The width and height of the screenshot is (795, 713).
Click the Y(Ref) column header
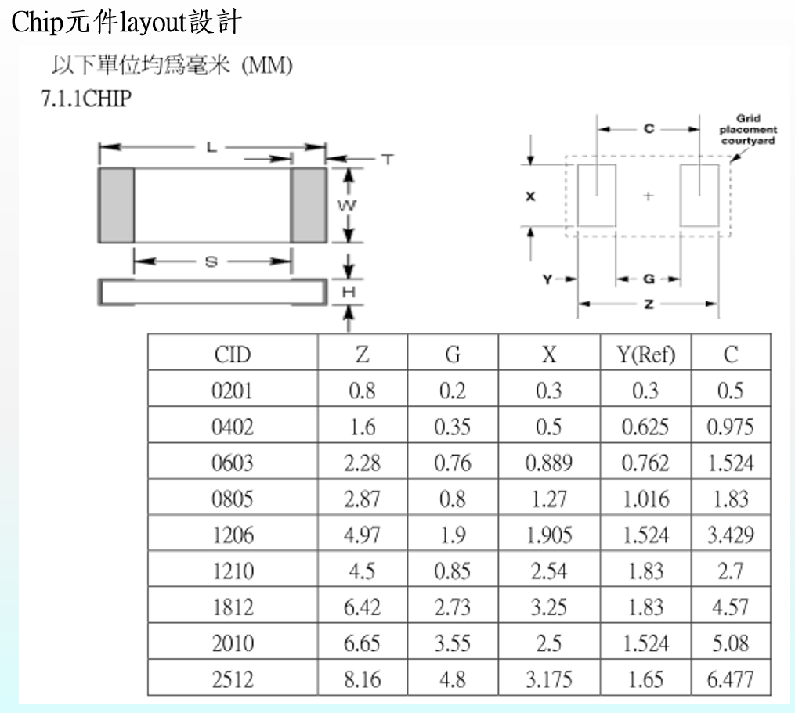pyautogui.click(x=646, y=355)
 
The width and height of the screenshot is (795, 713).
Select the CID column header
pyautogui.click(x=232, y=355)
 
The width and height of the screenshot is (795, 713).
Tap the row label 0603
pyautogui.click(x=232, y=463)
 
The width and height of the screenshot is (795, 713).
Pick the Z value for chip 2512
pyautogui.click(x=362, y=679)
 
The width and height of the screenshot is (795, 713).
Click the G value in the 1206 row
pyautogui.click(x=453, y=535)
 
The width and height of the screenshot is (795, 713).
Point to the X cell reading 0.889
pyautogui.click(x=548, y=463)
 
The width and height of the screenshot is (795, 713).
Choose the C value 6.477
pyautogui.click(x=731, y=679)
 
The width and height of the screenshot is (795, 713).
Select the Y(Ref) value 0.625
pyautogui.click(x=645, y=427)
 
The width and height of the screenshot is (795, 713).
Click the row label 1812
pyautogui.click(x=232, y=607)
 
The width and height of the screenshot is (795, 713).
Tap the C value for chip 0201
pyautogui.click(x=731, y=391)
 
